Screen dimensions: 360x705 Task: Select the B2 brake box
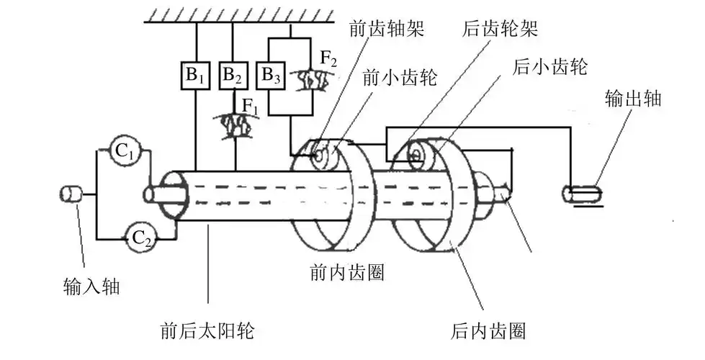pos(233,76)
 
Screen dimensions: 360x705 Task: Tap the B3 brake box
pos(271,76)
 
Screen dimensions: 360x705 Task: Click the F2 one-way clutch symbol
pos(314,80)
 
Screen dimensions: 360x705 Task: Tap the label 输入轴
pos(91,288)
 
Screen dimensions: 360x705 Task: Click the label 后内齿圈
pos(488,331)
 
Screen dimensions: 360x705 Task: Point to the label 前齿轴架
pos(377,30)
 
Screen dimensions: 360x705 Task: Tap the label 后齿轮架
pos(500,30)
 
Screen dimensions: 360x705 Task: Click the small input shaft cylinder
pos(71,193)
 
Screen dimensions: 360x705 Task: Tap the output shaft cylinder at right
pos(584,193)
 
